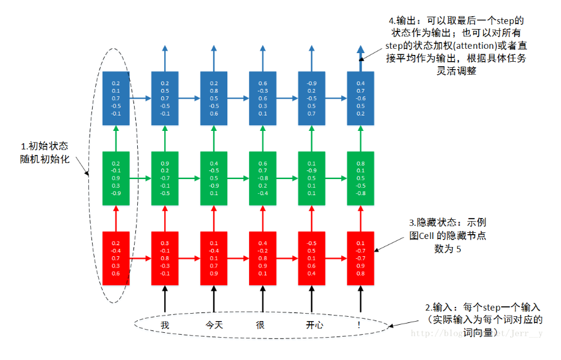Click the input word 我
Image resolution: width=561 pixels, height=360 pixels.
[165, 324]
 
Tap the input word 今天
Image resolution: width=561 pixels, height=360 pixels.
[214, 324]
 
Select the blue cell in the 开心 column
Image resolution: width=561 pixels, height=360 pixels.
[312, 98]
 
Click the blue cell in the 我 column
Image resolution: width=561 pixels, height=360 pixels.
[165, 98]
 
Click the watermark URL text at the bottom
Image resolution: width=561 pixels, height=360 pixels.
[476, 334]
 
